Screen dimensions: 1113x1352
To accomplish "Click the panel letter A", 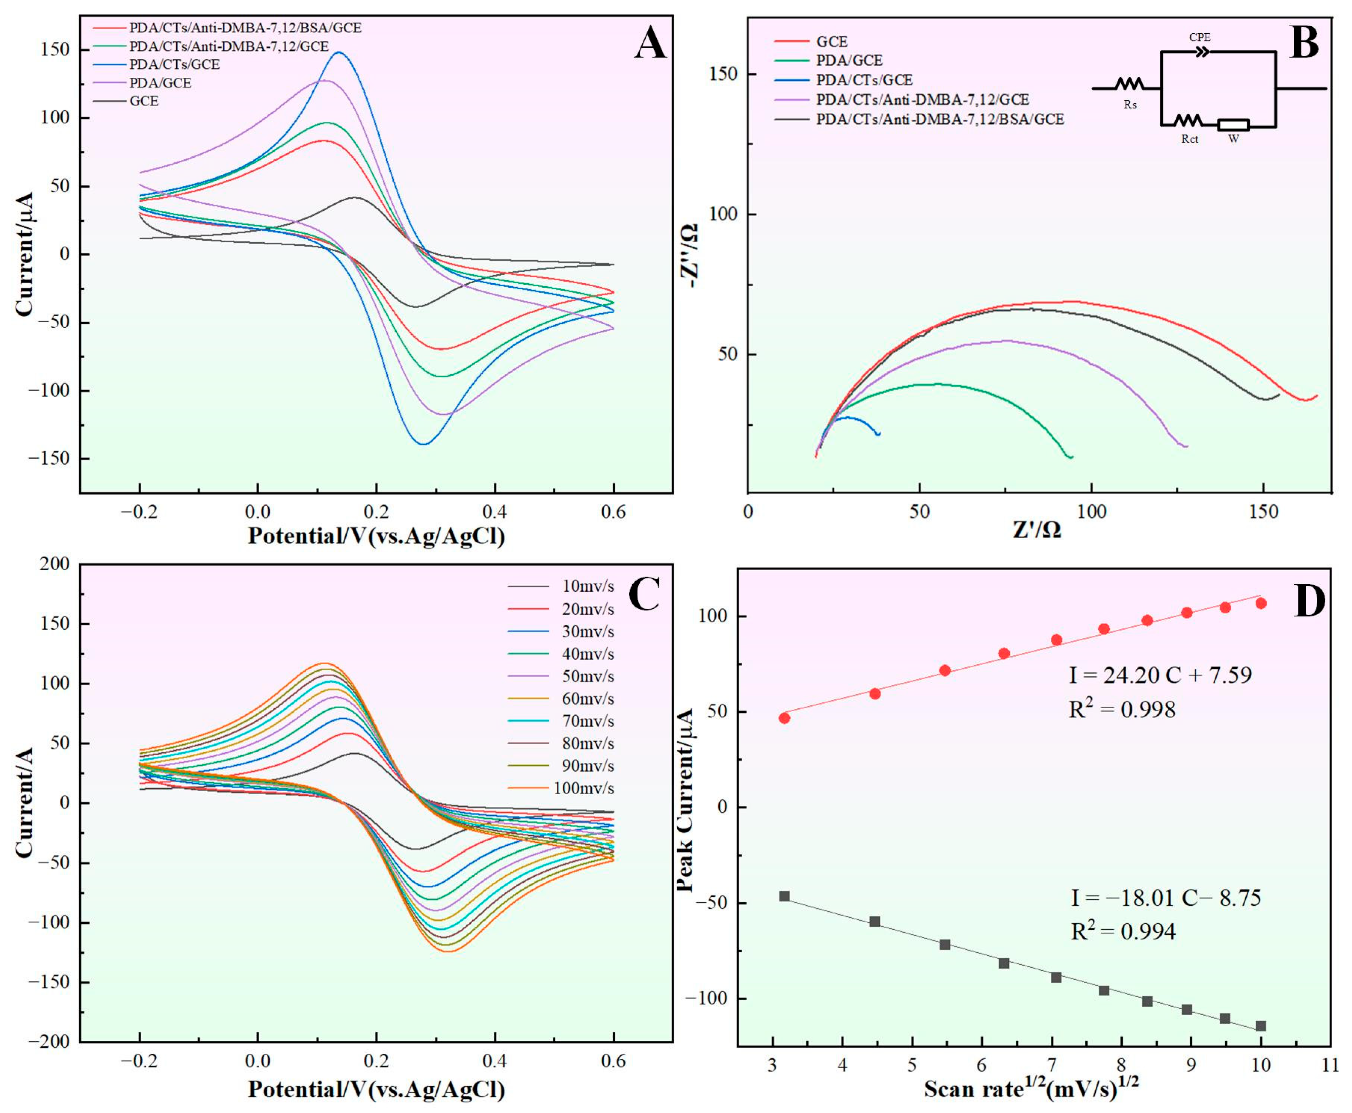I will coord(650,46).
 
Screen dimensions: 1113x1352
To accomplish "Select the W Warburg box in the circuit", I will coord(1233,125).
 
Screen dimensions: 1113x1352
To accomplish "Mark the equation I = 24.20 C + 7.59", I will coord(1160,675).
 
